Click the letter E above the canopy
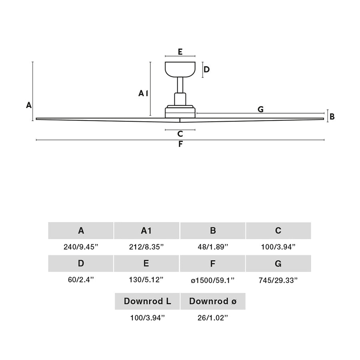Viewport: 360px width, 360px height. (x=180, y=52)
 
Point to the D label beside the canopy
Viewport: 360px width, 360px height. (x=206, y=69)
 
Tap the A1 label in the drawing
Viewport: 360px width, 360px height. (x=143, y=93)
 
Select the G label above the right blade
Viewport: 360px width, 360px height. (x=260, y=109)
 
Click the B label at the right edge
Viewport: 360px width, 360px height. (x=332, y=117)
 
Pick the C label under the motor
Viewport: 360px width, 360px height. (x=180, y=134)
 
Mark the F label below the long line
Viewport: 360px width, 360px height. (x=180, y=144)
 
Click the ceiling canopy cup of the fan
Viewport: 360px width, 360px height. (x=180, y=69)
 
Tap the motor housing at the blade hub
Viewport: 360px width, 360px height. (x=180, y=112)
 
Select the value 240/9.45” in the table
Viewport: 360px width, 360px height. (x=81, y=247)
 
